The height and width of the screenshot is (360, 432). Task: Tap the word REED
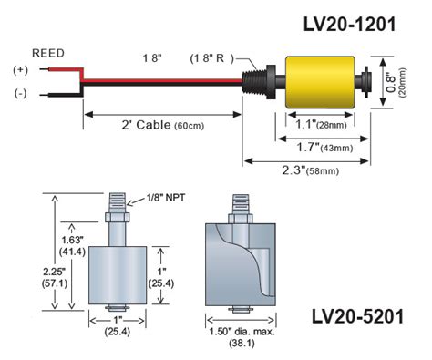coord(47,53)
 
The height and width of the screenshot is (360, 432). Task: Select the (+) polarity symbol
coord(18,69)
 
